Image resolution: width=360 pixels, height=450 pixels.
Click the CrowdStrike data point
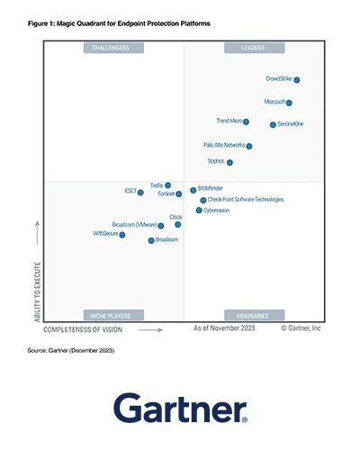click(297, 80)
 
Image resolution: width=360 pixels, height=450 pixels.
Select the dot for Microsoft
click(289, 103)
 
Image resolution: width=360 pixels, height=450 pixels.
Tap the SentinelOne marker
click(273, 124)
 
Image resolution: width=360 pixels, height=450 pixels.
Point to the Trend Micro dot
click(246, 121)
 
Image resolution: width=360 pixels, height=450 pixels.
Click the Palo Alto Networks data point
click(249, 146)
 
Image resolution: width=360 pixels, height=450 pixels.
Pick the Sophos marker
click(229, 163)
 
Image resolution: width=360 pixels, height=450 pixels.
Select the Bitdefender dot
click(193, 190)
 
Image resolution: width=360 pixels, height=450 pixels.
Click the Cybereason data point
click(199, 211)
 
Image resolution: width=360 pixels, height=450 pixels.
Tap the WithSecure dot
click(122, 235)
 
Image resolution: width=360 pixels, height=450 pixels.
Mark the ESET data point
click(140, 192)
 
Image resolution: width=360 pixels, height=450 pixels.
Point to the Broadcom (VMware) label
click(134, 224)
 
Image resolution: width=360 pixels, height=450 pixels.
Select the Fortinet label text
click(166, 193)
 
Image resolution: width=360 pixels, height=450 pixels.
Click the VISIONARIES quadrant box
click(251, 316)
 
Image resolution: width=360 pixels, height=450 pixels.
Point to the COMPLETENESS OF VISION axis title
click(90, 329)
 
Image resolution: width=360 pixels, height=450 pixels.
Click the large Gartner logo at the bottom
click(180, 407)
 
